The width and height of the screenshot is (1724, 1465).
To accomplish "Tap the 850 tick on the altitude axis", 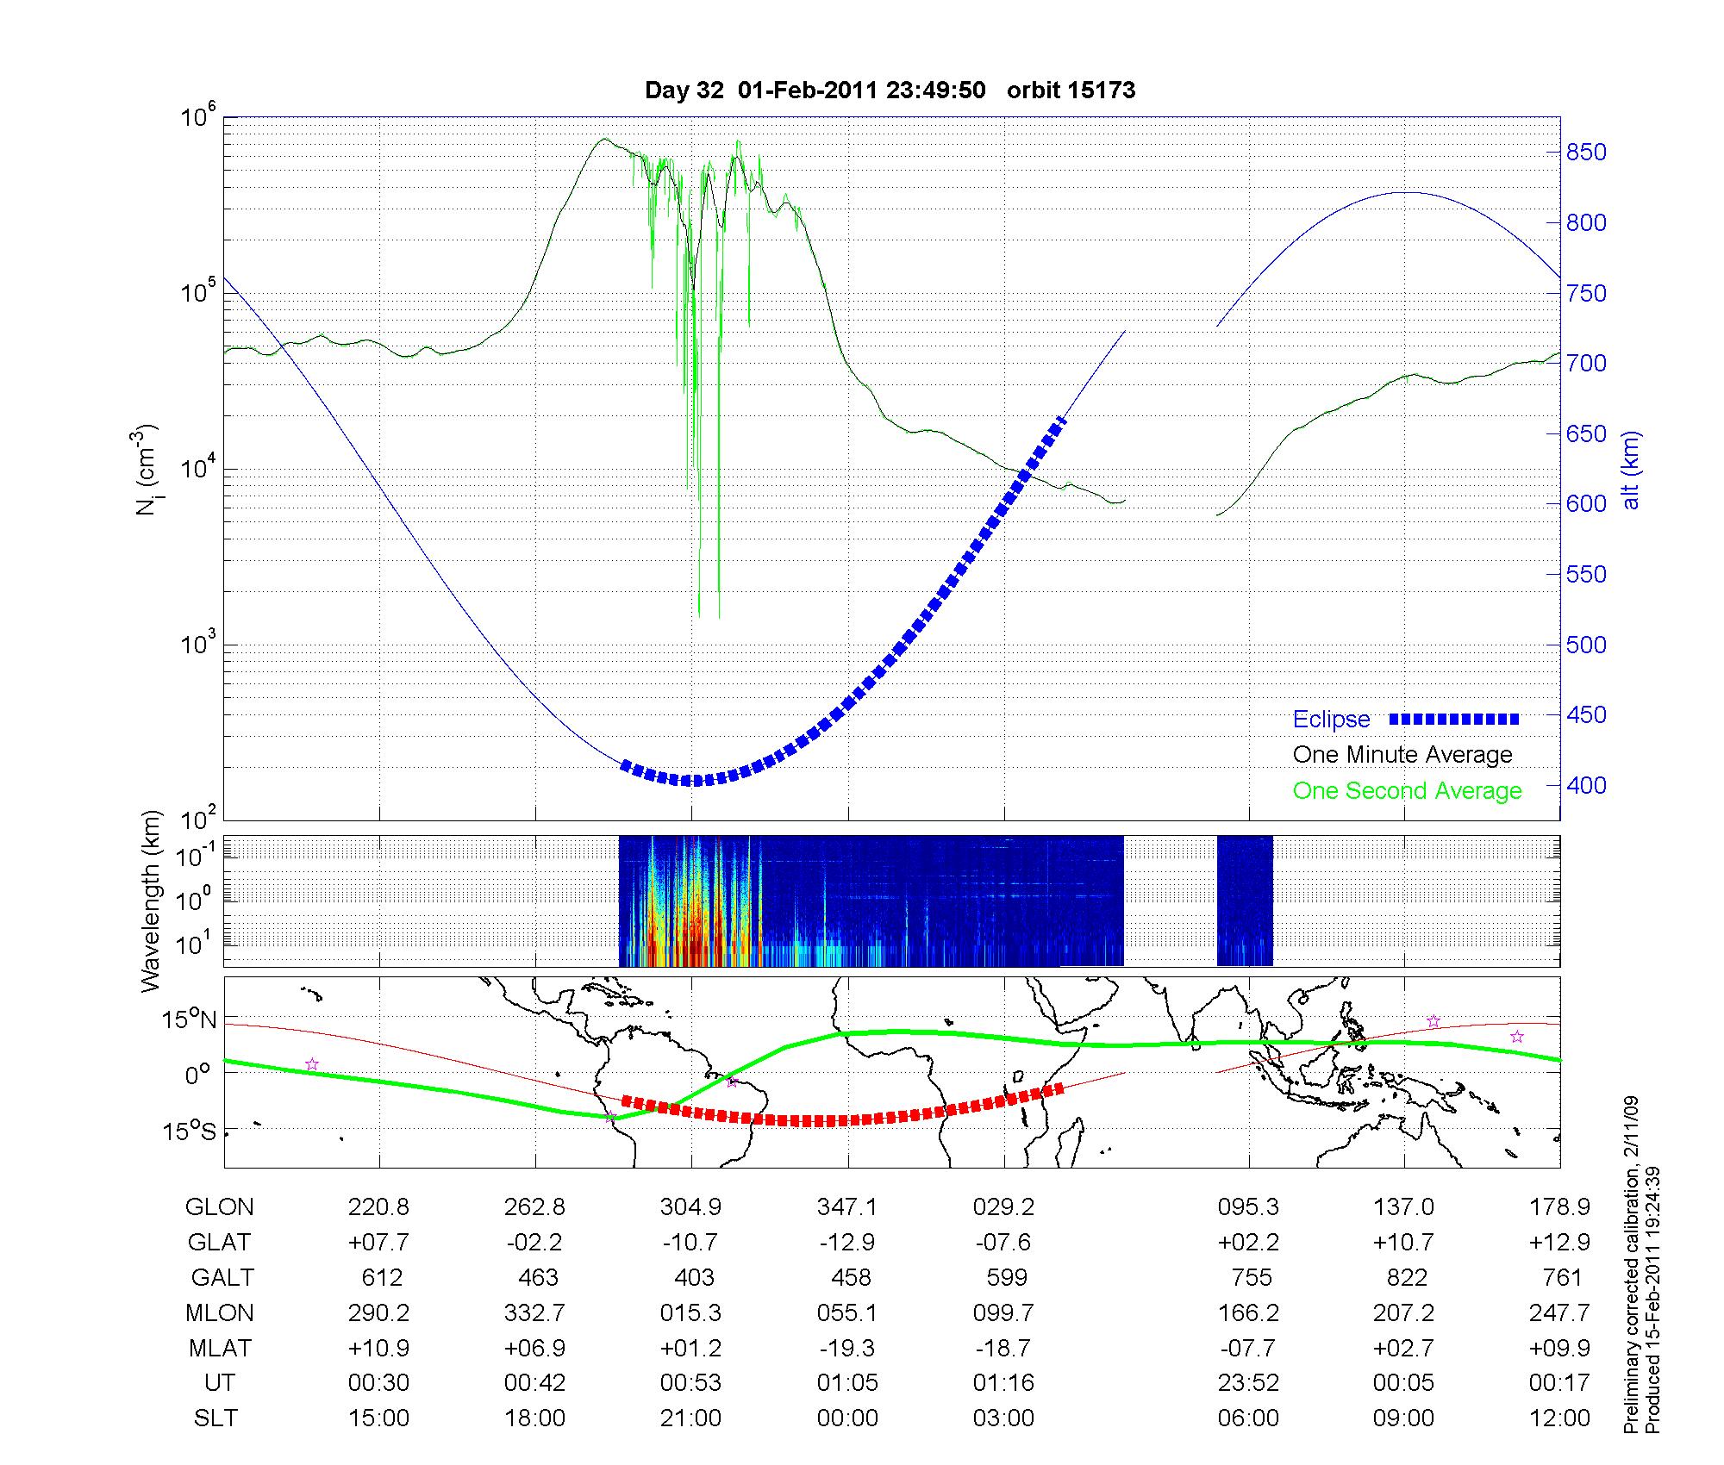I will pyautogui.click(x=1586, y=153).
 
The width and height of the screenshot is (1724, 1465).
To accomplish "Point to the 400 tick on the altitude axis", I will pyautogui.click(x=1586, y=785).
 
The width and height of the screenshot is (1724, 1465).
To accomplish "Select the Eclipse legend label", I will pyautogui.click(x=1331, y=719).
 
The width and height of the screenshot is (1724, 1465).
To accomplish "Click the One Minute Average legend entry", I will pyautogui.click(x=1402, y=755).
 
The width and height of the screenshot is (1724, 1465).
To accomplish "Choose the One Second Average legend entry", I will pyautogui.click(x=1407, y=791).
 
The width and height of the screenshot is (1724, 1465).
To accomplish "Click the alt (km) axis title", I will pyautogui.click(x=1631, y=470).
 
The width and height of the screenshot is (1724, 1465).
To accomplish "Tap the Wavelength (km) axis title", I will pyautogui.click(x=152, y=901).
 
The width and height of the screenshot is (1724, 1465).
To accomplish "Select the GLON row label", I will pyautogui.click(x=219, y=1207).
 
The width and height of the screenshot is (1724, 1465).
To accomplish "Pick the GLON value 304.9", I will pyautogui.click(x=690, y=1207).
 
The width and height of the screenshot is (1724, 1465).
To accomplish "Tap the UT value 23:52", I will pyautogui.click(x=1248, y=1383).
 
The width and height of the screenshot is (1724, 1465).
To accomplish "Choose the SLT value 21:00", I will pyautogui.click(x=690, y=1418).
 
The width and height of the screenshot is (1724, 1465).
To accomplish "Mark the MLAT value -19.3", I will pyautogui.click(x=847, y=1348).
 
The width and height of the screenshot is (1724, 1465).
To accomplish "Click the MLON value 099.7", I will pyautogui.click(x=1004, y=1313).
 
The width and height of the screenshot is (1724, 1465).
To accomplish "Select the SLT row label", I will pyautogui.click(x=215, y=1418).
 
